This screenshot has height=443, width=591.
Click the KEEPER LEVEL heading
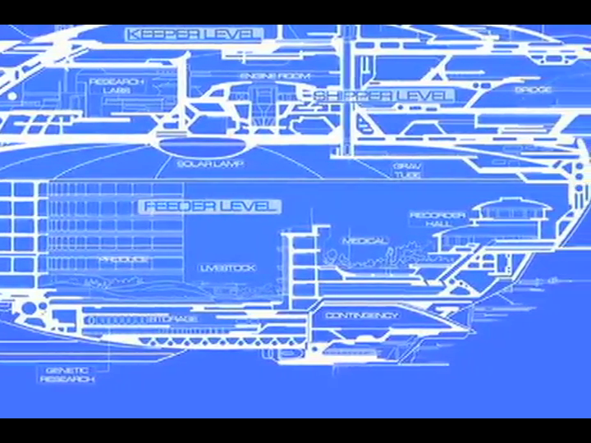pyautogui.click(x=194, y=34)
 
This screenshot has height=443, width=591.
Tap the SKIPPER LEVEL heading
pyautogui.click(x=383, y=96)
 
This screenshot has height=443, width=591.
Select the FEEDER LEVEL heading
pyautogui.click(x=211, y=206)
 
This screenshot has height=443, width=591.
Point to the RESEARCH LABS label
pyautogui.click(x=117, y=85)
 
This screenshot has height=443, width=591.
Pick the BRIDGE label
pyautogui.click(x=533, y=89)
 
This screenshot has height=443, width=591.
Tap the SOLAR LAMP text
pyautogui.click(x=210, y=163)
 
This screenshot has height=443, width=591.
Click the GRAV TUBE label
pyautogui.click(x=407, y=171)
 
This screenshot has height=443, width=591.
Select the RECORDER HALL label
pyautogui.click(x=438, y=220)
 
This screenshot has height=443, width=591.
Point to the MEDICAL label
pyautogui.click(x=365, y=241)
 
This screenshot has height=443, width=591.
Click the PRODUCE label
pyautogui.click(x=125, y=259)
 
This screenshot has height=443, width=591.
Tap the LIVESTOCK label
pyautogui.click(x=227, y=268)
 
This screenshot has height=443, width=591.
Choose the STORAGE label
pyautogui.click(x=172, y=318)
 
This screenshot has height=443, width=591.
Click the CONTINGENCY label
pyautogui.click(x=362, y=315)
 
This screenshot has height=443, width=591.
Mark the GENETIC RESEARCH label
pyautogui.click(x=67, y=374)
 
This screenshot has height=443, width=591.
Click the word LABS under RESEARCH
pyautogui.click(x=117, y=90)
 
